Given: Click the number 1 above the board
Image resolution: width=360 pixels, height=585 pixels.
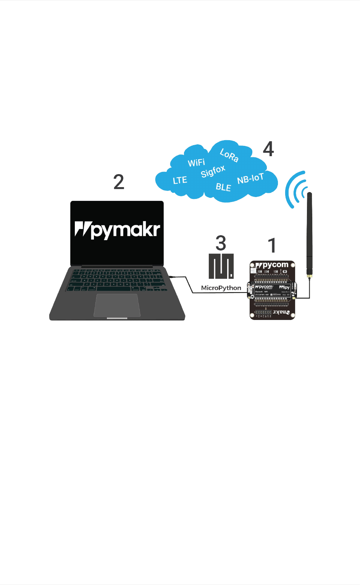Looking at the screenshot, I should [x=272, y=246].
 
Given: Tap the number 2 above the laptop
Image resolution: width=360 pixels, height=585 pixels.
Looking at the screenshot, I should [x=119, y=182].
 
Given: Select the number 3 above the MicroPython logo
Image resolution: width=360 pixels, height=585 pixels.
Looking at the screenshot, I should [x=221, y=243].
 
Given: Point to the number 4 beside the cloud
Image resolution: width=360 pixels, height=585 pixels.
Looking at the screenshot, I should [x=268, y=149].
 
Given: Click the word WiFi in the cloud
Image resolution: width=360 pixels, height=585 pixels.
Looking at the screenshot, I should [x=196, y=163].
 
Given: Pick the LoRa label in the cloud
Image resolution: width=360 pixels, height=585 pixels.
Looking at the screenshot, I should [x=229, y=155].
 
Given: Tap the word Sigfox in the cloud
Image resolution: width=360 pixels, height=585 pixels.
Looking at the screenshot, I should [x=213, y=171].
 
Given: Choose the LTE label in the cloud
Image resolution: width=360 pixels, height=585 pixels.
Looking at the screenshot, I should [x=180, y=180].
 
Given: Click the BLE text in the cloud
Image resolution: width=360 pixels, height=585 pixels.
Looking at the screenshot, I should [x=223, y=187].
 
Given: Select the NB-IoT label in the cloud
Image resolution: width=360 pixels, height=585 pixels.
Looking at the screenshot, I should [x=250, y=178].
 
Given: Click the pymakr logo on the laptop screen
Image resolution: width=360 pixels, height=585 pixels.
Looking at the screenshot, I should [x=117, y=229].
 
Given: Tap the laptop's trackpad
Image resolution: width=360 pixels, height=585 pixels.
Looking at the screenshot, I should [x=117, y=305].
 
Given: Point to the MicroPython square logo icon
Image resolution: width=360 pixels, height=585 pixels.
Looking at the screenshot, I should [x=221, y=266].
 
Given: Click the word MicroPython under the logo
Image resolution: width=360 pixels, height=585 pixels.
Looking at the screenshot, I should [x=221, y=288].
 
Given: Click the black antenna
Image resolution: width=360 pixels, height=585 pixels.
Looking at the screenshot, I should [x=309, y=233].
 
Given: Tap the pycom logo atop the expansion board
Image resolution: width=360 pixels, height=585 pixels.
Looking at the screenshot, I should [x=272, y=265].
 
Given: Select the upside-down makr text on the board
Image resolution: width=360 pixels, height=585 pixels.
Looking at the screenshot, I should [x=281, y=313].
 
